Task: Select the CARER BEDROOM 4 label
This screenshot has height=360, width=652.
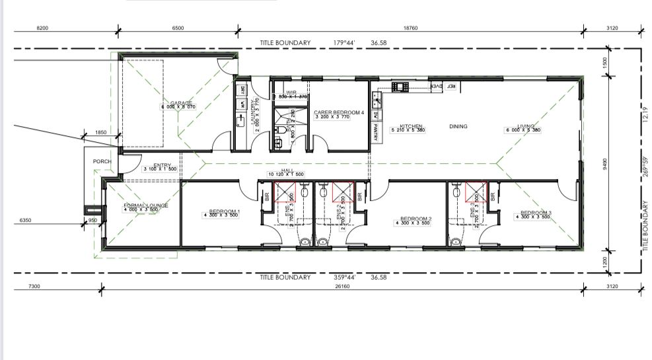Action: pyautogui.click(x=340, y=113)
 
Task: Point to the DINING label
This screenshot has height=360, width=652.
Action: pyautogui.click(x=458, y=126)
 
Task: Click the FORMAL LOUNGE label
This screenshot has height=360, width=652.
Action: pyautogui.click(x=146, y=206)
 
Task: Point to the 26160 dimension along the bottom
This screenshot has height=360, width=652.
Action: pyautogui.click(x=342, y=286)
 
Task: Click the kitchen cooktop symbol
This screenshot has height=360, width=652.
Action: pyautogui.click(x=401, y=86)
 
